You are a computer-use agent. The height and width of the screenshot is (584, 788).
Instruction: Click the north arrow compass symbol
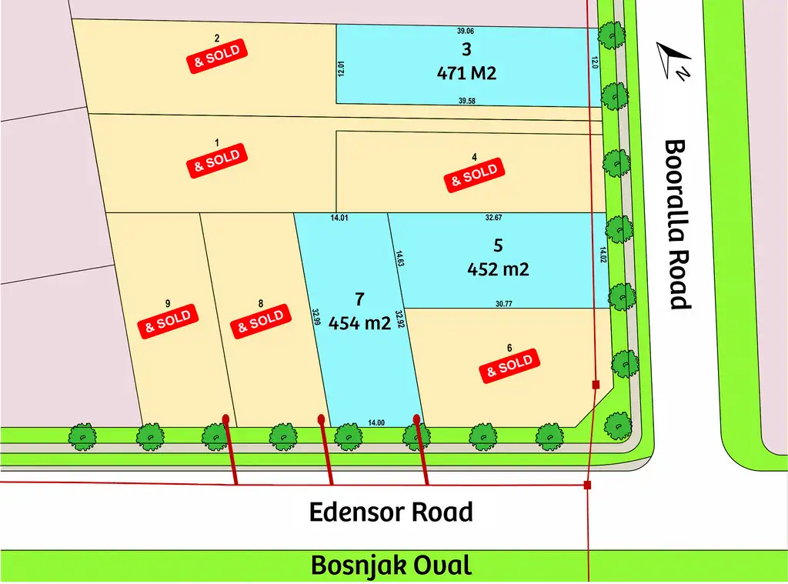click(673, 60)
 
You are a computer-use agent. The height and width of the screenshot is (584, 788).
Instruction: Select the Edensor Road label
click(391, 512)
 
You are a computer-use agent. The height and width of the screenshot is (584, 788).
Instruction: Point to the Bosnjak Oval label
click(391, 566)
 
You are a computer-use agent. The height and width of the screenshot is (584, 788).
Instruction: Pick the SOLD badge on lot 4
click(474, 175)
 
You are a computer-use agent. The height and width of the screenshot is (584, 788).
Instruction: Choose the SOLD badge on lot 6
click(509, 365)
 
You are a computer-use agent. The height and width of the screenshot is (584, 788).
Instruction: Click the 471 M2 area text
click(466, 73)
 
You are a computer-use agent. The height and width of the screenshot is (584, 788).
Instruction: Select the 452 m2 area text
click(498, 269)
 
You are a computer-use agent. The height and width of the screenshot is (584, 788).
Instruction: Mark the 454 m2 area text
click(359, 323)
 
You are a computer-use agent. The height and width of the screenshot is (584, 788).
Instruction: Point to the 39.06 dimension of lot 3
click(466, 32)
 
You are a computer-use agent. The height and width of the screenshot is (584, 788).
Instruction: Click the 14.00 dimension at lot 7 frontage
click(376, 422)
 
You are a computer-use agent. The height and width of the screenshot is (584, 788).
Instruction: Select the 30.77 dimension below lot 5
click(504, 305)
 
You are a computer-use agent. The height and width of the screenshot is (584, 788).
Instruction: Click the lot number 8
click(261, 303)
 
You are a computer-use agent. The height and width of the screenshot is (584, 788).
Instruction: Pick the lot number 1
click(216, 143)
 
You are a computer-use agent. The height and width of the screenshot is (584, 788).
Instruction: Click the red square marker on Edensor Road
click(587, 485)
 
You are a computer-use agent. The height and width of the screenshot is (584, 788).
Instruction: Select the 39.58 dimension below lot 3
click(466, 101)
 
